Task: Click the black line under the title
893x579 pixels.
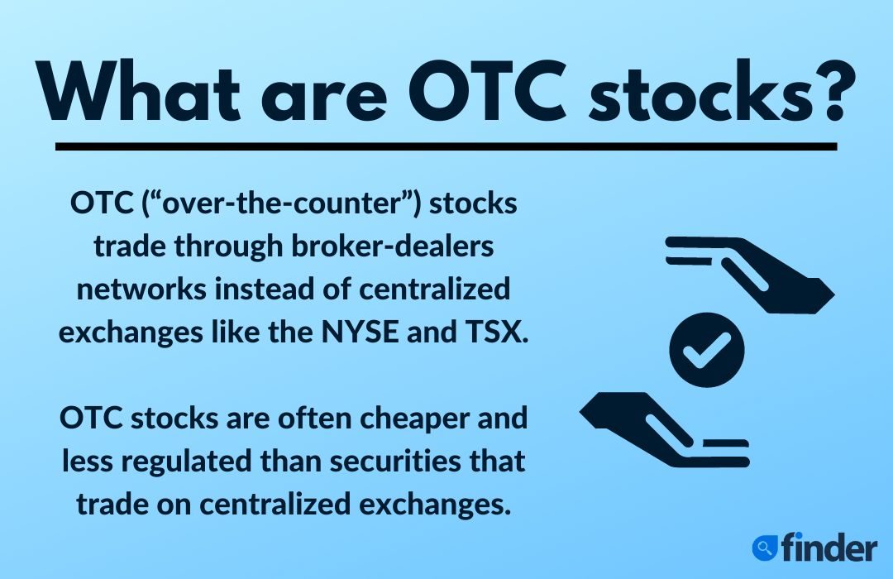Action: coord(446,147)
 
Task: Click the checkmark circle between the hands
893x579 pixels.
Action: coord(707,348)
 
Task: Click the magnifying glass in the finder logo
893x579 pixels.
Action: coord(765,547)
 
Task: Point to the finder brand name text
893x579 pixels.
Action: coord(827,547)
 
